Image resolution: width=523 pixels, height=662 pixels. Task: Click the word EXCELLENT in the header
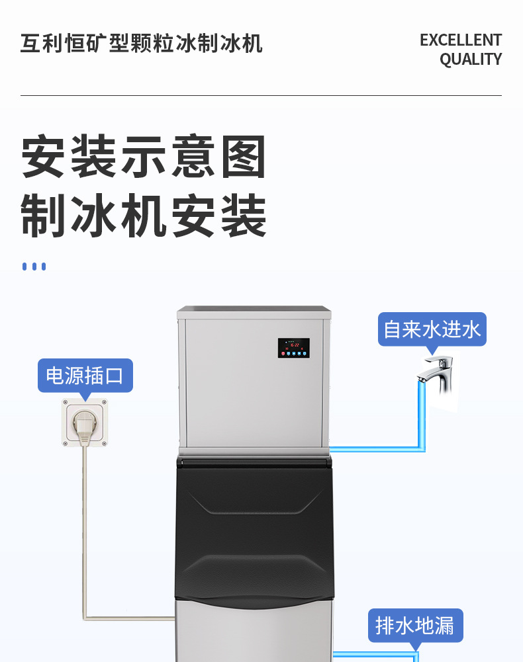click(460, 40)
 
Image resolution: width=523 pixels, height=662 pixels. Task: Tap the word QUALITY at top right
click(471, 60)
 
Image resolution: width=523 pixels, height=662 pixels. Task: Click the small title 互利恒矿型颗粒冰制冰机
click(142, 44)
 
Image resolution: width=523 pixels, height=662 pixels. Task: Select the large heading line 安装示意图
click(144, 157)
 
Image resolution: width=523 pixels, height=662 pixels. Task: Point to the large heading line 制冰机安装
click(144, 216)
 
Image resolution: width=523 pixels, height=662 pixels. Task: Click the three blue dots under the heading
click(34, 267)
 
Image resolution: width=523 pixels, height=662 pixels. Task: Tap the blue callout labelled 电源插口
click(85, 376)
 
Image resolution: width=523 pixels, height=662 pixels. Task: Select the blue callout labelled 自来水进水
click(432, 329)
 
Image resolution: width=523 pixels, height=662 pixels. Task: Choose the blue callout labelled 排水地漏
click(415, 625)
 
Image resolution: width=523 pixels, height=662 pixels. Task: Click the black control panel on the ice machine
click(293, 349)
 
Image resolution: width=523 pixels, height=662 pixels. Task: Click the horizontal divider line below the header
click(261, 96)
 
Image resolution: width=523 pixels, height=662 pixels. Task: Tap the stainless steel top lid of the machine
click(254, 311)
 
